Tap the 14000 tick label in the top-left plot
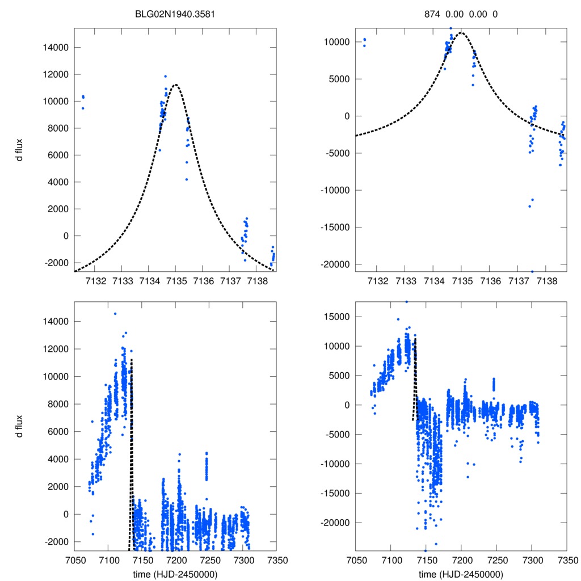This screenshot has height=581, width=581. (56, 47)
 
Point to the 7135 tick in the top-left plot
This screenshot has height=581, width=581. (176, 282)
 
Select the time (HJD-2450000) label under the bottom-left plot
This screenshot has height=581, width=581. (175, 574)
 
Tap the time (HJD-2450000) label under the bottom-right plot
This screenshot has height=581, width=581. (461, 574)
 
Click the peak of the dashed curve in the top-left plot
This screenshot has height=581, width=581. (176, 85)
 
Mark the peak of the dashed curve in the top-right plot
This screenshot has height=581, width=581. (461, 32)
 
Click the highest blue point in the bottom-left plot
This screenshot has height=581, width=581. (115, 313)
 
